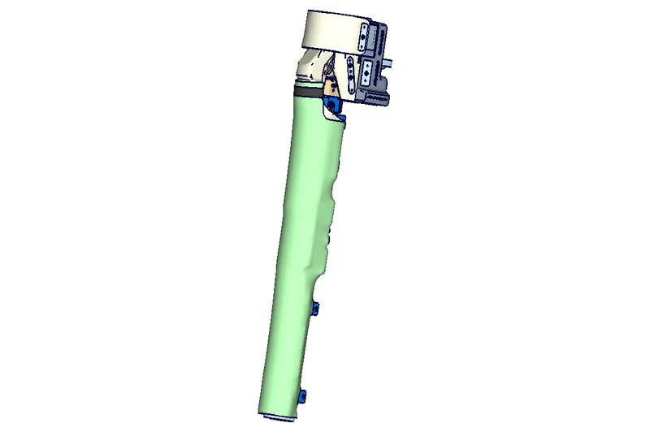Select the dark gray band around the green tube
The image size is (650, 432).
(309, 92)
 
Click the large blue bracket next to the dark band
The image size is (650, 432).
(332, 104)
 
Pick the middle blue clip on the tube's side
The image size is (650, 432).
(315, 308)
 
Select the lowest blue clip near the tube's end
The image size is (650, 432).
(302, 396)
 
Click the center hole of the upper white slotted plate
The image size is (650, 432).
(362, 37)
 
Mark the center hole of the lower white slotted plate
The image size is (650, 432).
(366, 73)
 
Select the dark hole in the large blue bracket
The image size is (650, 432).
(331, 105)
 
